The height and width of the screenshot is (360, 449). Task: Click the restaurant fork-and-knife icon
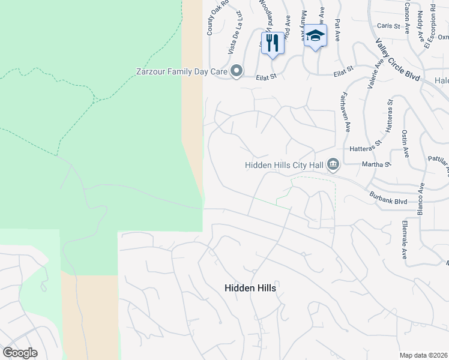pyautogui.click(x=273, y=42)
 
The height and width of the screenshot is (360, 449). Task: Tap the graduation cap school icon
pyautogui.click(x=315, y=37)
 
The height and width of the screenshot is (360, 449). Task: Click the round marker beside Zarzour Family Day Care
pyautogui.click(x=237, y=72)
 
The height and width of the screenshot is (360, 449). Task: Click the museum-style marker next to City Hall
pyautogui.click(x=334, y=164)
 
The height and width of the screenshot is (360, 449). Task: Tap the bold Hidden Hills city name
pyautogui.click(x=250, y=288)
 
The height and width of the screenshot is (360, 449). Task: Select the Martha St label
pyautogui.click(x=376, y=163)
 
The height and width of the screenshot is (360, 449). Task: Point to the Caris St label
pyautogui.click(x=388, y=26)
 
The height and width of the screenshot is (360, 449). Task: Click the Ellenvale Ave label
pyautogui.click(x=404, y=241)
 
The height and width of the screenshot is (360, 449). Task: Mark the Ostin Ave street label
pyautogui.click(x=405, y=144)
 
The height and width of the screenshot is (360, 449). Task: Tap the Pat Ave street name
pyautogui.click(x=337, y=29)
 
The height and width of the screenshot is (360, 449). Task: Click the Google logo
pyautogui.click(x=20, y=353)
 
